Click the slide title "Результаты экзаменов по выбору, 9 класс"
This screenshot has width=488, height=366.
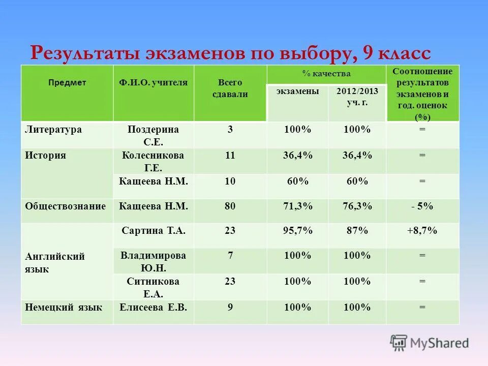click(x=230, y=53)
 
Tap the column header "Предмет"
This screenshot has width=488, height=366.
click(x=67, y=82)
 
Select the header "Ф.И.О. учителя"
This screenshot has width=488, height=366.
click(x=154, y=82)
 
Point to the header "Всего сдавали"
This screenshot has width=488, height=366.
click(x=230, y=88)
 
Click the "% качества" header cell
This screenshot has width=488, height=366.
click(x=326, y=74)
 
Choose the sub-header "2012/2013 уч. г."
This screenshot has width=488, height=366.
click(x=357, y=96)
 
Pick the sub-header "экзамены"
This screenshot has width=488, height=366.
click(x=298, y=91)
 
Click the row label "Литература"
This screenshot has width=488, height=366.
click(x=53, y=130)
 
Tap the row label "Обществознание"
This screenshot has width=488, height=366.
click(x=66, y=206)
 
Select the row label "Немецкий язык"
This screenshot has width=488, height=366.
click(x=64, y=307)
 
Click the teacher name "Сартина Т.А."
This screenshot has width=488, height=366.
click(x=154, y=230)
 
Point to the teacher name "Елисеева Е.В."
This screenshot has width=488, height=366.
click(x=154, y=307)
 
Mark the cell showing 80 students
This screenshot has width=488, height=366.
click(x=230, y=206)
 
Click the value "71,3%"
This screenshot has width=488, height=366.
click(x=298, y=206)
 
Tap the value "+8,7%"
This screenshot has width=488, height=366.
click(x=422, y=230)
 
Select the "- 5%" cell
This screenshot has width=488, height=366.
click(x=422, y=206)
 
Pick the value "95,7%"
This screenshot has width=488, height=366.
click(x=298, y=230)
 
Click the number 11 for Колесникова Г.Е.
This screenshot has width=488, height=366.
click(x=230, y=155)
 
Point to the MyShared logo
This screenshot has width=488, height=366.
click(x=430, y=343)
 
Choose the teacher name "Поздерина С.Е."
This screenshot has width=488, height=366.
click(x=154, y=135)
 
